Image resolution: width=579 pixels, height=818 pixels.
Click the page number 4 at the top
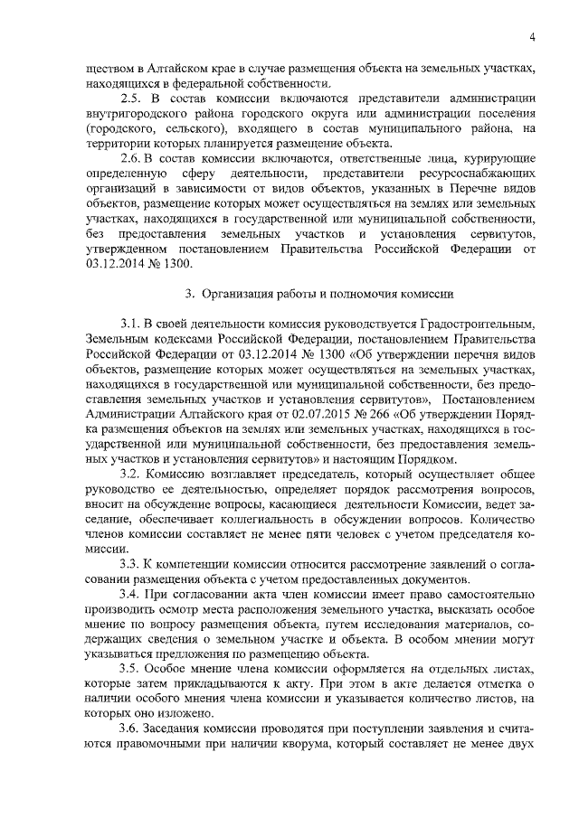[534, 36]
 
